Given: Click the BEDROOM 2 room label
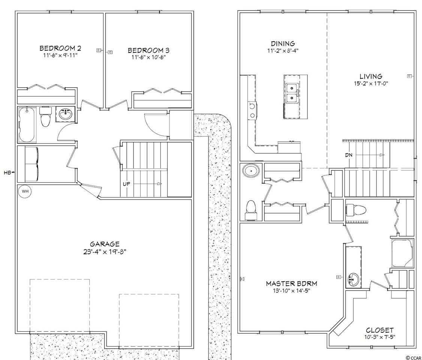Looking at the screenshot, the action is [60, 48].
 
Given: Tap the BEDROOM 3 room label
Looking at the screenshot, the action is [148, 50].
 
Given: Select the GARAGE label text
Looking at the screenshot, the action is [105, 244].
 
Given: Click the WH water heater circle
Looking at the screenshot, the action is [25, 192].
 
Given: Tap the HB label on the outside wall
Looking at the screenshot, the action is [7, 172].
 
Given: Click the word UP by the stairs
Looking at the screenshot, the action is [127, 184].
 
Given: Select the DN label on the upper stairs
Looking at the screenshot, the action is [349, 155].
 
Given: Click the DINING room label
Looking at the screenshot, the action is [283, 43].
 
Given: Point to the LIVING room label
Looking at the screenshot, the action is [371, 76].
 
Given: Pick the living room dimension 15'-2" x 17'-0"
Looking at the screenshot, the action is [371, 84].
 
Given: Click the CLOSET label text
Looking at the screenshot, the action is [380, 330].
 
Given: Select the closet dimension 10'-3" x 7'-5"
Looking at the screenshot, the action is [380, 337].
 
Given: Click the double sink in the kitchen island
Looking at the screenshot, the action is [292, 93].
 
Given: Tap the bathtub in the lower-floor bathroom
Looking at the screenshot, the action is [27, 124].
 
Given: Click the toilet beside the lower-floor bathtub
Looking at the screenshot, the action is [45, 117].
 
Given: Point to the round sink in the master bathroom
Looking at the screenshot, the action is [353, 279].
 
